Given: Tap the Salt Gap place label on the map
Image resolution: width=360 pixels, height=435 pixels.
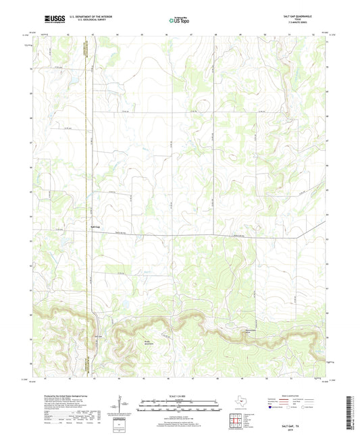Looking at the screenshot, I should click(x=96, y=228).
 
